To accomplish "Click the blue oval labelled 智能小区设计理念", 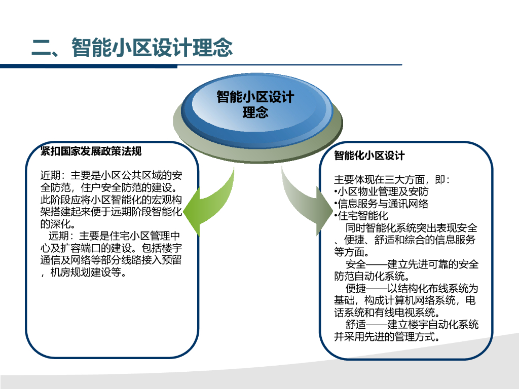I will pos(255,105).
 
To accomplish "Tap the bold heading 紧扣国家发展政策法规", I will pos(91,151).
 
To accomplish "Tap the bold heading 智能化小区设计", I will pos(369,155).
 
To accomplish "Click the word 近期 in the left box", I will pos(50,176).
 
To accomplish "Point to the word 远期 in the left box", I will pos(58,237).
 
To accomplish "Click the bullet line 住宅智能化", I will pos(362,216).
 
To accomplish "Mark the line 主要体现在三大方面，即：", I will pos(392,180).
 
